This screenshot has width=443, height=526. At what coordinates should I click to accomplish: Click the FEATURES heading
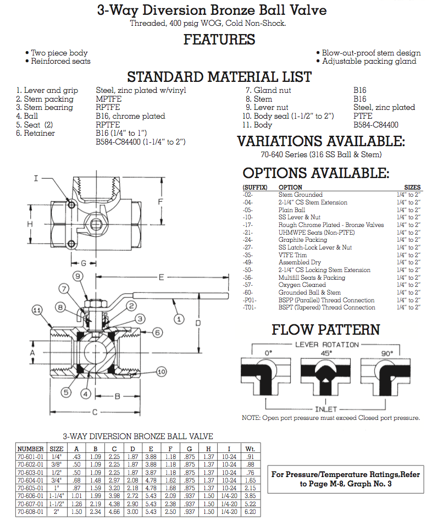coord(219,40)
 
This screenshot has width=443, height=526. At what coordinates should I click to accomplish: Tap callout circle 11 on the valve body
coord(37,311)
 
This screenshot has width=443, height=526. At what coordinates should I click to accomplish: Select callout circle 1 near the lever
coord(178,318)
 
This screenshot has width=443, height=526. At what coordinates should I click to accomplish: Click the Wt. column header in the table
coord(250,449)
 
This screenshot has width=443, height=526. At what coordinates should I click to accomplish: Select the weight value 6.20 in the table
coord(250,512)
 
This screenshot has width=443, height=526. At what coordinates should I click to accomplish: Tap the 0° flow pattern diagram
coord(268,373)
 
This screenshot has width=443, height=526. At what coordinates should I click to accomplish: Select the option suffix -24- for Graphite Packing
coord(249,240)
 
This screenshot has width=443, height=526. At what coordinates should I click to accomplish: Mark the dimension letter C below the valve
coord(95,412)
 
